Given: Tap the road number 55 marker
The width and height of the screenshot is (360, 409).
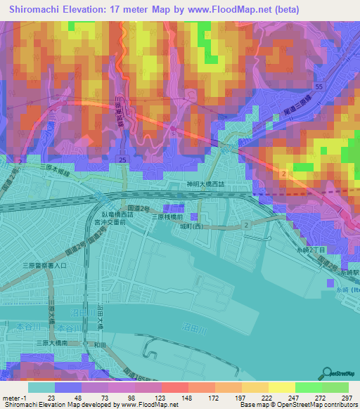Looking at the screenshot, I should point(319,86).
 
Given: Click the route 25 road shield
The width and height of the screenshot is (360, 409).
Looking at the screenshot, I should point(123,162).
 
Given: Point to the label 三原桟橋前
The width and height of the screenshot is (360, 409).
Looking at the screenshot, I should point(169,218).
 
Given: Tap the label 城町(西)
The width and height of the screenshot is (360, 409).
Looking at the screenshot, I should point(210,226).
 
